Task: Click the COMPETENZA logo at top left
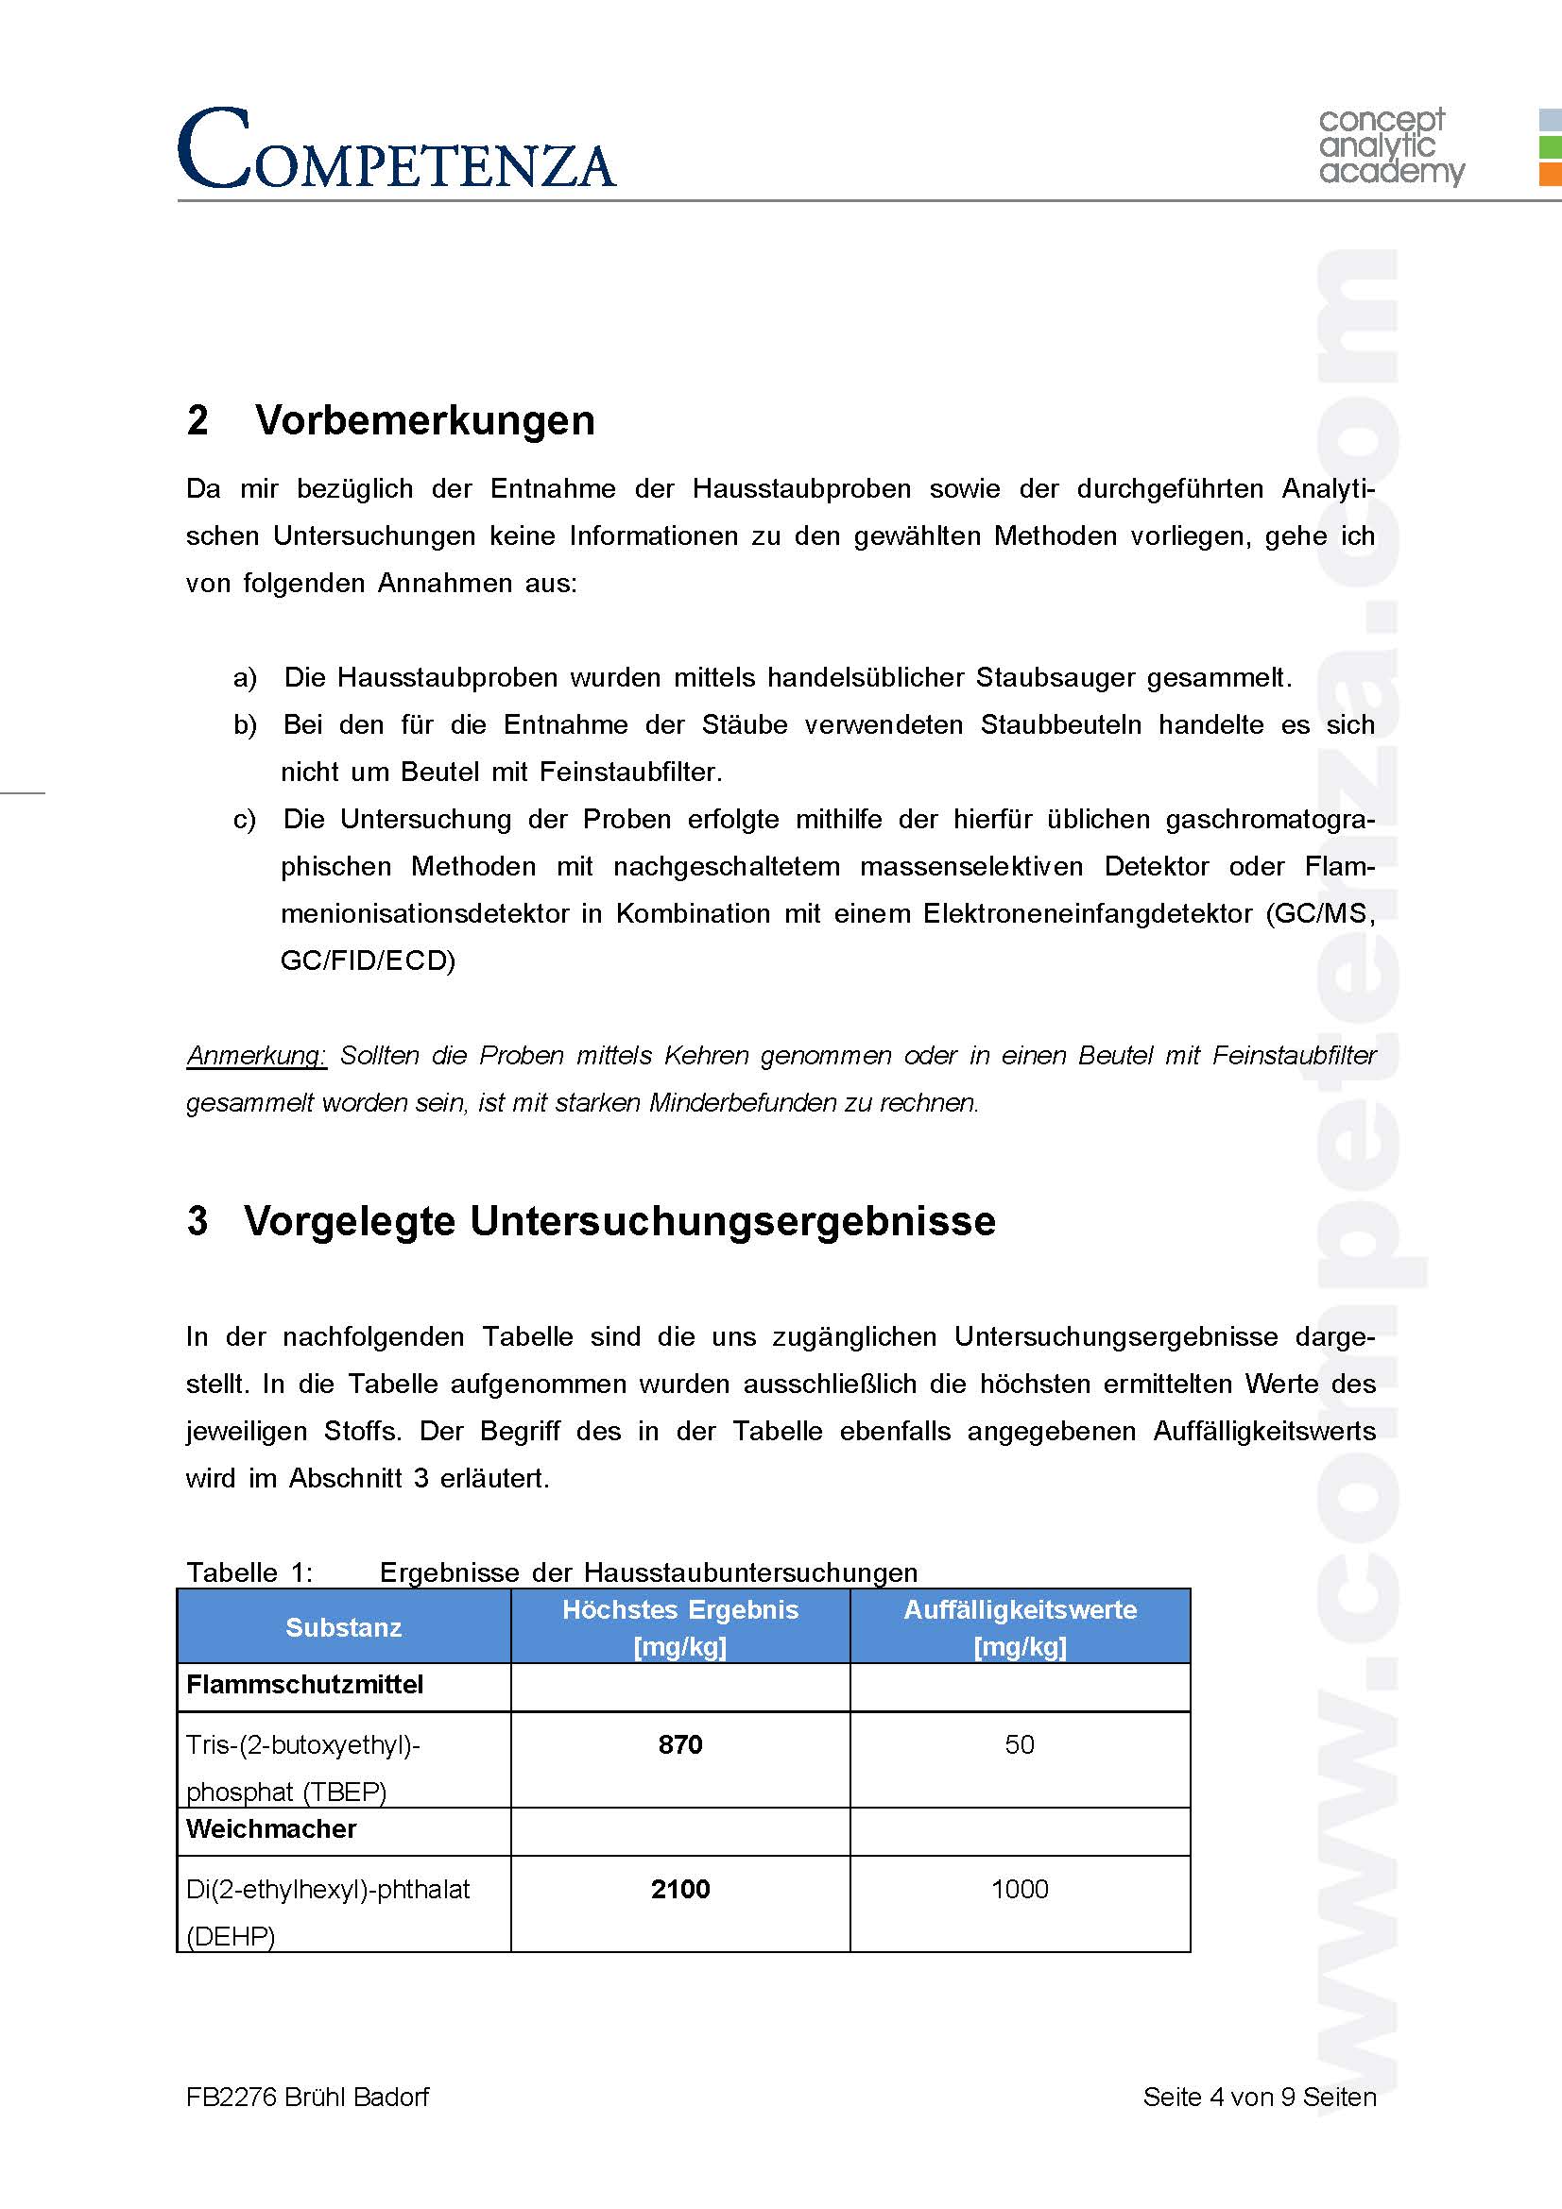click(x=396, y=149)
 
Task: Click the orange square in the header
click(x=1550, y=174)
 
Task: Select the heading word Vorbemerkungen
click(x=424, y=420)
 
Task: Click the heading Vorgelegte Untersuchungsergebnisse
click(x=619, y=1220)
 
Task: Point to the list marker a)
click(x=245, y=677)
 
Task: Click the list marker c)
click(x=245, y=819)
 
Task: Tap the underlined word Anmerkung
click(x=256, y=1056)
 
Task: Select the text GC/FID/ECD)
click(x=368, y=960)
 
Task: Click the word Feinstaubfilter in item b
click(x=630, y=772)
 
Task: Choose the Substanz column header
click(x=343, y=1627)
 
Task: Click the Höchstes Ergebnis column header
click(x=679, y=1627)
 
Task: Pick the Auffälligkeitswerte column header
click(x=1020, y=1627)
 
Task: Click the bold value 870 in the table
click(x=679, y=1744)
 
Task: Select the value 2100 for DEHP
click(x=679, y=1889)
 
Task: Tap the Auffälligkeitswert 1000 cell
click(x=1020, y=1889)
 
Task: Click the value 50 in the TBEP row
click(x=1020, y=1744)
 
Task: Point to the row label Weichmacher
click(x=270, y=1828)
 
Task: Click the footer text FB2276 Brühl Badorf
click(x=307, y=2097)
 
